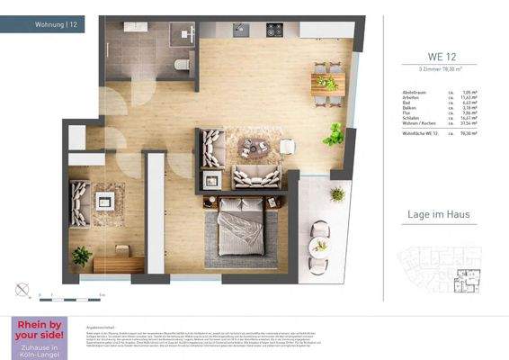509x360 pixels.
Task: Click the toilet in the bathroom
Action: pos(182,64)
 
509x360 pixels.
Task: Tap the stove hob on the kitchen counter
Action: pos(273,30)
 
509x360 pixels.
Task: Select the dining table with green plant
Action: pos(326,84)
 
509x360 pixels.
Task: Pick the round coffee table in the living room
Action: pos(259,147)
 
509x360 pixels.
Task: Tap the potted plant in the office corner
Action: pos(82,256)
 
